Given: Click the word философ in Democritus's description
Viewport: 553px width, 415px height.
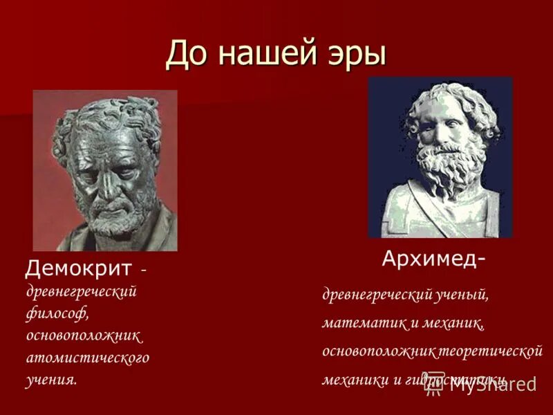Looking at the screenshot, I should pyautogui.click(x=57, y=313).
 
